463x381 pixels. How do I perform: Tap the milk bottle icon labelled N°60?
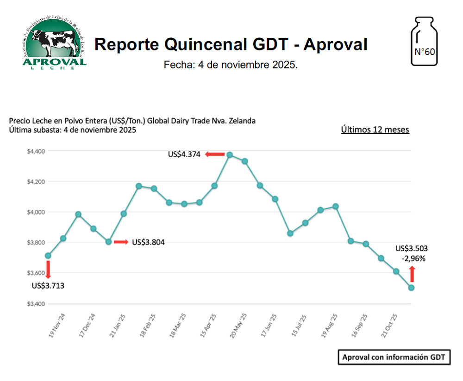pyautogui.click(x=424, y=42)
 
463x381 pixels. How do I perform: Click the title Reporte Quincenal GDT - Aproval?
pyautogui.click(x=231, y=44)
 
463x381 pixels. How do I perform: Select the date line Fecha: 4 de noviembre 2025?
pyautogui.click(x=231, y=65)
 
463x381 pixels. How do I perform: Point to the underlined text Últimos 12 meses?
pyautogui.click(x=375, y=129)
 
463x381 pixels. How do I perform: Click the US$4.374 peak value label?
pyautogui.click(x=184, y=154)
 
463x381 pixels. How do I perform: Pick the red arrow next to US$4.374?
pyautogui.click(x=215, y=154)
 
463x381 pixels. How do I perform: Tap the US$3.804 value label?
pyautogui.click(x=148, y=242)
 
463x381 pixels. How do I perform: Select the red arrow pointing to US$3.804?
pyautogui.click(x=121, y=242)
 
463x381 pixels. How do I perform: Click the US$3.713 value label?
pyautogui.click(x=48, y=286)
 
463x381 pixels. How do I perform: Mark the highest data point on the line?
pyautogui.click(x=230, y=155)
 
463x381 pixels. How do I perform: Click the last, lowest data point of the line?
pyautogui.click(x=411, y=288)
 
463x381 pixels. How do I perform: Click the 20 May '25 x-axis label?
pyautogui.click(x=239, y=326)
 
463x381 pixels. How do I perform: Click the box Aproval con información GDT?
pyautogui.click(x=394, y=357)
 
